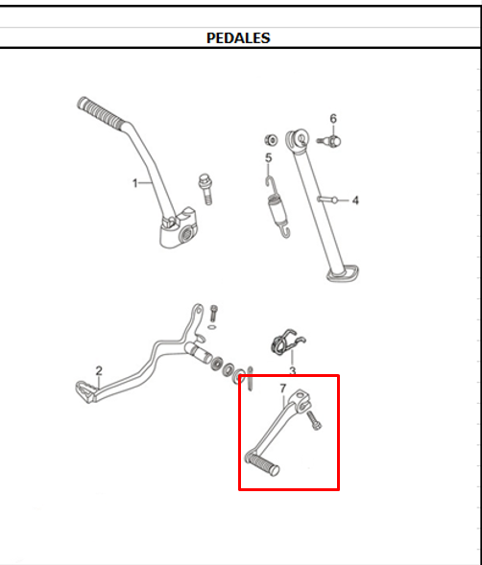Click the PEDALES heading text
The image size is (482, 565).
238,38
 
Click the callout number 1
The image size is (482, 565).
135,180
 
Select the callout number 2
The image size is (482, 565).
98,370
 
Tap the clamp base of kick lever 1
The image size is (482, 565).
180,231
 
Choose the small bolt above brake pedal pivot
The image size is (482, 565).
213,313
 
